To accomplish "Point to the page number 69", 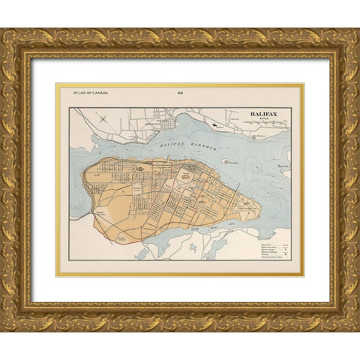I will click(179, 92).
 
